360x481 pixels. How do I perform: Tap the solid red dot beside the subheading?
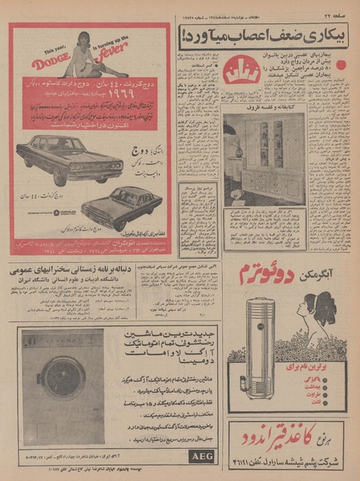point(340,65)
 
